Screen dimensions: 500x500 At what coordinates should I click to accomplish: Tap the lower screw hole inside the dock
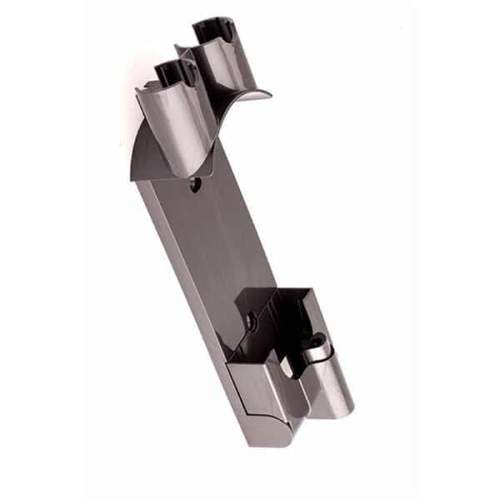249,317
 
